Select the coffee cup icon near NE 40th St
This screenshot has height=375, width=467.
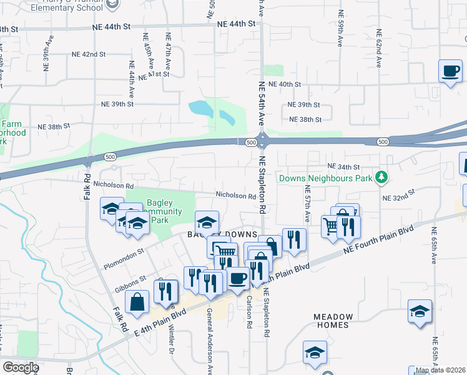click(450, 71)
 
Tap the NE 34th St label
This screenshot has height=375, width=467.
click(344, 167)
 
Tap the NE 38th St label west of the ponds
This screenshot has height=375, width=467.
click(54, 126)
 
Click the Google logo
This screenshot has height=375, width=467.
click(21, 367)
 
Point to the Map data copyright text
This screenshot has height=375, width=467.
click(440, 371)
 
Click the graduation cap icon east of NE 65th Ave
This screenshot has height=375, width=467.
click(420, 312)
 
